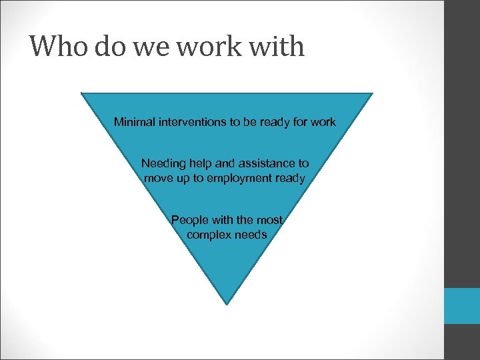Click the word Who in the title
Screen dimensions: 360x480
point(58,47)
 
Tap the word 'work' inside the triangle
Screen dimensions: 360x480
point(323,122)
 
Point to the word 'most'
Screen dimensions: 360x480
point(270,220)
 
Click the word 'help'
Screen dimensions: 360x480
point(201,163)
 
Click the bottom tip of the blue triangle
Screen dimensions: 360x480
point(227,303)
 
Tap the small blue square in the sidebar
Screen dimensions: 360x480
point(462,305)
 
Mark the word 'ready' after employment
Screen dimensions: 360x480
point(291,178)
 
